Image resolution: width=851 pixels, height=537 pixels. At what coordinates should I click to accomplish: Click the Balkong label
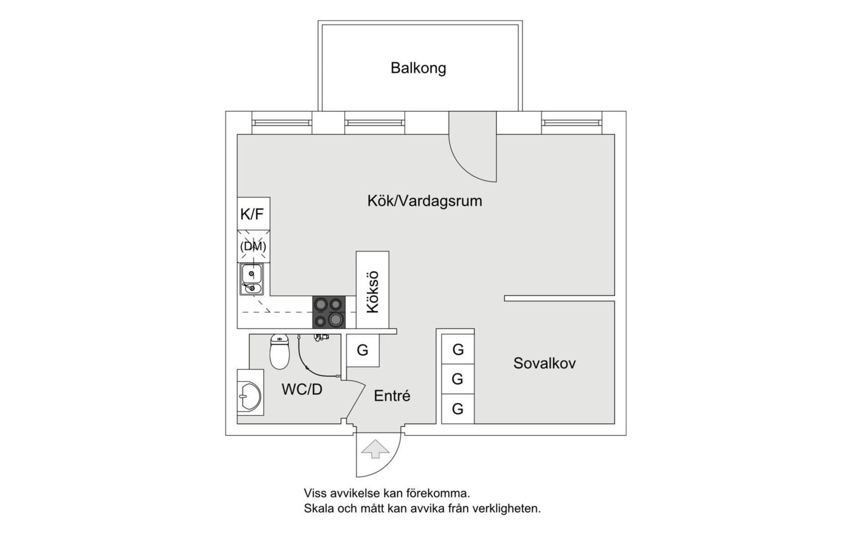coord(418,68)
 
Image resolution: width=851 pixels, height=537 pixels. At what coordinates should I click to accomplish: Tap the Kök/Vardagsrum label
coord(424,201)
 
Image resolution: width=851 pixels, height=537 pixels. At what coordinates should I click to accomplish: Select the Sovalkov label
coord(544,363)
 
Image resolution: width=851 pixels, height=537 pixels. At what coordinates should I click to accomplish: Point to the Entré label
coord(392,396)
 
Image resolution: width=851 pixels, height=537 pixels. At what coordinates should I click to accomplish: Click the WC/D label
coord(302,389)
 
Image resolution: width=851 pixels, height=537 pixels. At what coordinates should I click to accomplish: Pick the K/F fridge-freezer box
coord(253,214)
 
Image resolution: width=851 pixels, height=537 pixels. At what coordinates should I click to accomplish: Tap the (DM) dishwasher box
coord(253,246)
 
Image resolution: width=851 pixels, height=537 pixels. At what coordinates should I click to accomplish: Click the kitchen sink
coord(252,279)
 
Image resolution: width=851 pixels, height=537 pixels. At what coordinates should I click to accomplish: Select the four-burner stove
coord(329,312)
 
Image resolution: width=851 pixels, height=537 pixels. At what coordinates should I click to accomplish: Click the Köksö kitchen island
coord(373,290)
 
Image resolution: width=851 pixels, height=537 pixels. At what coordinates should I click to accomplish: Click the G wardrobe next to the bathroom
coord(363,350)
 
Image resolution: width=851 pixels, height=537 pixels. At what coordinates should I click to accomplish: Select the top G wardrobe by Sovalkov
coord(458,350)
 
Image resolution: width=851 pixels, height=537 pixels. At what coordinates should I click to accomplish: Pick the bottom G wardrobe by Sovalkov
coord(458,409)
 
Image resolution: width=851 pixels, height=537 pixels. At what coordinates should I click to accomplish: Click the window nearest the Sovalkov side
coord(571,122)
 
